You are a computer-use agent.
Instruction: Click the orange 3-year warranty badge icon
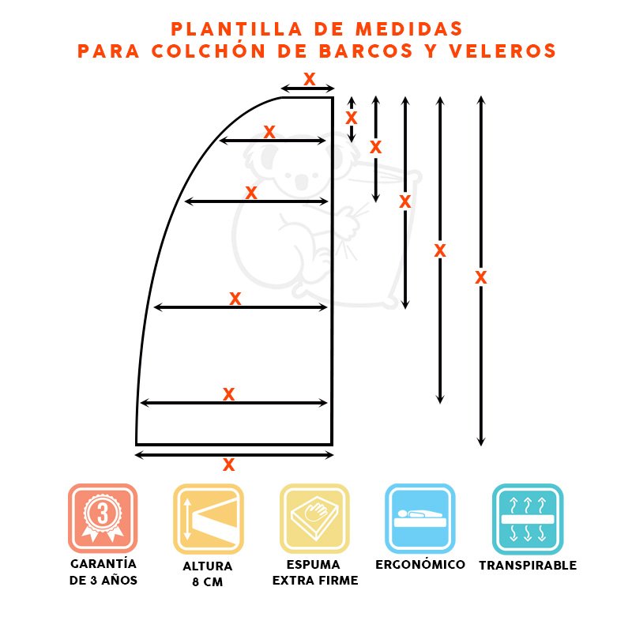(103, 517)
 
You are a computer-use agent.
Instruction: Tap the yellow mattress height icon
(209, 517)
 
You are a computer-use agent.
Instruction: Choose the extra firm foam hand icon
(314, 517)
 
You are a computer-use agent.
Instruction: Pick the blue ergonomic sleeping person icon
(419, 517)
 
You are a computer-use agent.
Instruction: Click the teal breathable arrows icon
(527, 517)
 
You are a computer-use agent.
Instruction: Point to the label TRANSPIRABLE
(527, 566)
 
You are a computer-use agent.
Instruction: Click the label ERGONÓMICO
(419, 565)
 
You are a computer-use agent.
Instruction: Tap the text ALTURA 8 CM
(209, 574)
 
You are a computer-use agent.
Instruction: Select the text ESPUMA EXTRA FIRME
(314, 573)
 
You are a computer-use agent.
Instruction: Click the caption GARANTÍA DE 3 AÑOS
(103, 572)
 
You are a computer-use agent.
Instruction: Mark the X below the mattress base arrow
(229, 465)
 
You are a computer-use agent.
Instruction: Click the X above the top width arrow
(309, 79)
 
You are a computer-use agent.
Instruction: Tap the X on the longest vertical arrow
(480, 277)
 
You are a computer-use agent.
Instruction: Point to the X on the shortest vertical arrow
(352, 117)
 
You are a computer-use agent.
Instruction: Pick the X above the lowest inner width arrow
(229, 393)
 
